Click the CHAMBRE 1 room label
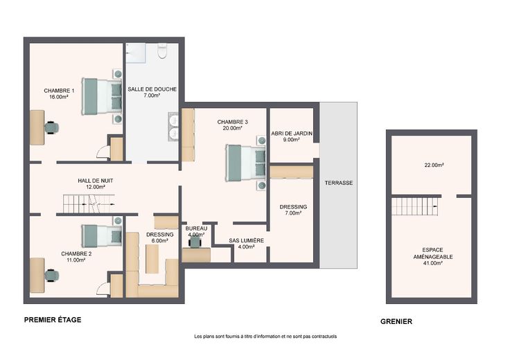tap(59, 91)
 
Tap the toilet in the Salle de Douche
tap(162, 51)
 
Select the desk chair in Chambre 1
tap(52, 127)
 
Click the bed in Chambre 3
tap(246, 163)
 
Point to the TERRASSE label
tap(339, 183)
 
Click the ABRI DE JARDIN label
tap(292, 134)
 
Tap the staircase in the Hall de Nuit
tap(89, 204)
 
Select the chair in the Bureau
tap(195, 242)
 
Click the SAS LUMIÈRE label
tap(246, 240)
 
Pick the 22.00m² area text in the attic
tap(434, 165)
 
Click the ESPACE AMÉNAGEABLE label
tap(433, 253)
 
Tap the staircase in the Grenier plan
tap(414, 206)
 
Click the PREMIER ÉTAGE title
tap(53, 320)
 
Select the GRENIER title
tap(396, 321)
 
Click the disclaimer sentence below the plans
tap(265, 336)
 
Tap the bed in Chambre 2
tap(101, 235)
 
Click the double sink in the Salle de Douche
tap(174, 127)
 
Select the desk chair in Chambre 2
tap(52, 276)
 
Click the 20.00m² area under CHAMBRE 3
tap(233, 128)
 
